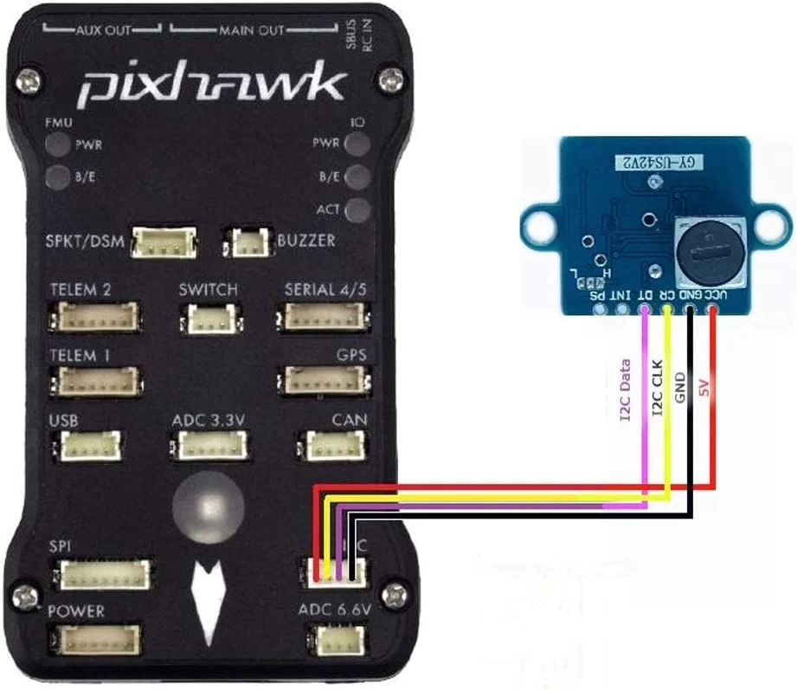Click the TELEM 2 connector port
[96, 318]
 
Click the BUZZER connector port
[247, 244]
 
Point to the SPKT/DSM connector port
[163, 245]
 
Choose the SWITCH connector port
[207, 320]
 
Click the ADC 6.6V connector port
[334, 640]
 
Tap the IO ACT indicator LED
[357, 210]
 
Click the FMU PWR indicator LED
[58, 145]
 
